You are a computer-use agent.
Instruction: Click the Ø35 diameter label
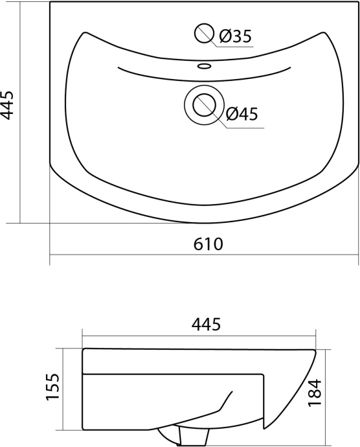(x=236, y=36)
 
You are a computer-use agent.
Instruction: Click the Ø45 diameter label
(x=242, y=113)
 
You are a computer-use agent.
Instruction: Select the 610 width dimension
(x=208, y=244)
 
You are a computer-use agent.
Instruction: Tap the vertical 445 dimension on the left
(x=6, y=105)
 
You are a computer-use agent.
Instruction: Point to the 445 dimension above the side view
(x=206, y=324)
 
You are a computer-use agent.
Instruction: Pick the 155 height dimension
(x=52, y=386)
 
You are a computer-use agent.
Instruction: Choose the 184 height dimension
(x=315, y=392)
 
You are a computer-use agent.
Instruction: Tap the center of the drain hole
(x=204, y=105)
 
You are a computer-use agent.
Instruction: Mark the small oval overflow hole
(x=205, y=66)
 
